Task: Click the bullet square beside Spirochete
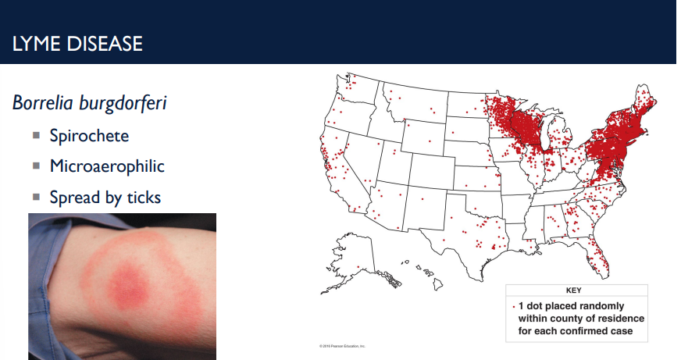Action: click(36, 135)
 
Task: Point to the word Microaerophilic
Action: click(107, 166)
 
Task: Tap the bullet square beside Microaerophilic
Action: click(36, 166)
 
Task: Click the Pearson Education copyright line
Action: click(342, 345)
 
